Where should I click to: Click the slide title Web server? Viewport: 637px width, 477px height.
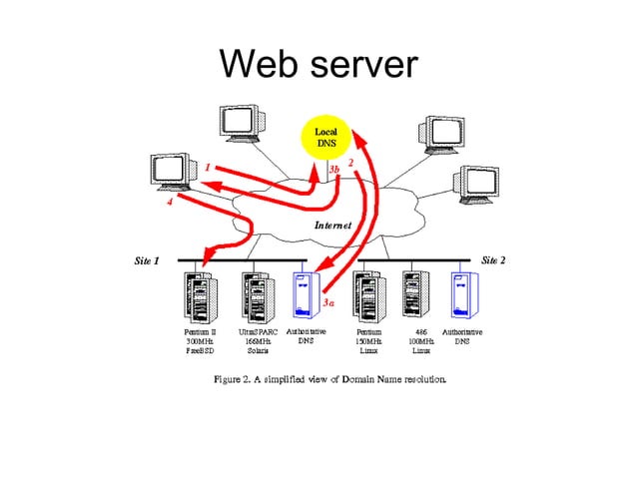318,65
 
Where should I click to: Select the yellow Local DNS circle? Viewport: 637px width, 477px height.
326,139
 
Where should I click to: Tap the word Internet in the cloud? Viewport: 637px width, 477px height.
332,226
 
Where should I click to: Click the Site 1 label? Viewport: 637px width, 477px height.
147,260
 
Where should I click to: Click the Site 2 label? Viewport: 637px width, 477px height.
493,259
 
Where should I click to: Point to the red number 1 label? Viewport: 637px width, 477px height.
207,168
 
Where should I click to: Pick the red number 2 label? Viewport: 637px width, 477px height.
350,162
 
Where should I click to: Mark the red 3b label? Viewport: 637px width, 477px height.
334,171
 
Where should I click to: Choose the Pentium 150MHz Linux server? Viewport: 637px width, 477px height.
368,295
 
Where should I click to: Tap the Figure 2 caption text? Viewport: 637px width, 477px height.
330,379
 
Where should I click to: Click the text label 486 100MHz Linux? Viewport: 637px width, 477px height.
420,340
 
